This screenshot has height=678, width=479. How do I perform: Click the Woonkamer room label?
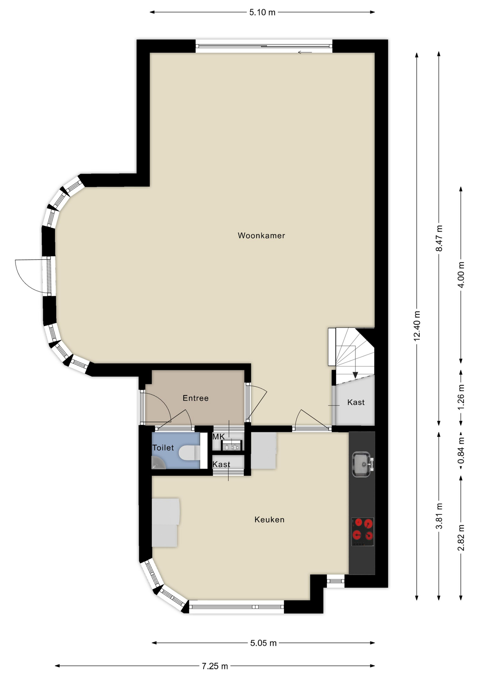tap(261, 236)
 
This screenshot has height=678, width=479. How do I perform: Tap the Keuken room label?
tap(269, 519)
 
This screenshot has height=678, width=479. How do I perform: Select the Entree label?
tap(195, 398)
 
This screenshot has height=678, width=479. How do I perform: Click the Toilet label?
tap(163, 448)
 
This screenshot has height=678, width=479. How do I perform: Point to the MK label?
tap(218, 437)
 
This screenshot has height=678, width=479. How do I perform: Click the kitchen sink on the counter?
tap(363, 464)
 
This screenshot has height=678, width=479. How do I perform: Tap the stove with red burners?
tap(363, 532)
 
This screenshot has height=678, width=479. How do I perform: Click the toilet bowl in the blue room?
tap(189, 453)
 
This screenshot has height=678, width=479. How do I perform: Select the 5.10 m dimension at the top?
tap(262, 12)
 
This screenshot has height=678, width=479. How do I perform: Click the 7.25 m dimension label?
tap(215, 666)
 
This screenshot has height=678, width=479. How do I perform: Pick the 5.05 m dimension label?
tap(263, 643)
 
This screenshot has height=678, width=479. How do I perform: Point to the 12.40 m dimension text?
tap(417, 326)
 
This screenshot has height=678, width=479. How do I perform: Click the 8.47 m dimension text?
tap(439, 238)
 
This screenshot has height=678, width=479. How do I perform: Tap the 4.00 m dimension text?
tap(461, 275)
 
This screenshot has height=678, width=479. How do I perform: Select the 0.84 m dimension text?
tap(461, 451)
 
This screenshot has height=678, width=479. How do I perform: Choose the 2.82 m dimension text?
tap(461, 538)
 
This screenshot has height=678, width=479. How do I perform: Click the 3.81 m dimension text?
tap(439, 516)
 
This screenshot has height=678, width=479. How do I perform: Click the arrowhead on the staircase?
tap(355, 375)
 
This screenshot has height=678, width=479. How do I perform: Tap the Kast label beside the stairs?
tap(356, 402)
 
